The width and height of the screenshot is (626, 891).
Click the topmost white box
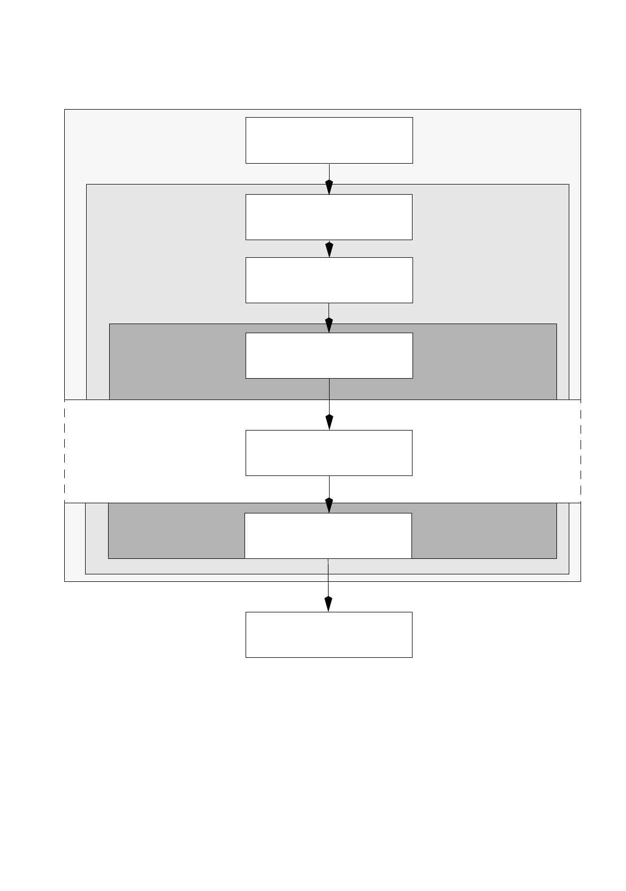tap(329, 140)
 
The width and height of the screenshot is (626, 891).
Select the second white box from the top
tap(329, 217)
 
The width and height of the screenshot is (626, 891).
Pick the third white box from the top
tap(329, 280)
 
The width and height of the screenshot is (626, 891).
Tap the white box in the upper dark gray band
tap(329, 356)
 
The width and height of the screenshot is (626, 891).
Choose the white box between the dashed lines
tap(329, 453)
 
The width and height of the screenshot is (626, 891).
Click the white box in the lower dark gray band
tap(328, 536)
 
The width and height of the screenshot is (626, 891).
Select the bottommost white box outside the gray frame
tap(329, 635)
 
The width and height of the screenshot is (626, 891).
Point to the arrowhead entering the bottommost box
tap(329, 604)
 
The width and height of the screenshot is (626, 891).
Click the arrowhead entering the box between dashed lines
tap(329, 423)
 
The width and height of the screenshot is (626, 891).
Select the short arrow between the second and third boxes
tap(329, 249)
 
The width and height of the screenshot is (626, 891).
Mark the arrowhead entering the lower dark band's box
tap(329, 505)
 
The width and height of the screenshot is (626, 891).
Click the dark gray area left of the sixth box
tap(177, 531)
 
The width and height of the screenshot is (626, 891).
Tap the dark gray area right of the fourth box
tap(484, 361)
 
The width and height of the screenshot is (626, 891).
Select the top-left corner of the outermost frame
tap(65, 110)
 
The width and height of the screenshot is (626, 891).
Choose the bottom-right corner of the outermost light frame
tap(581, 581)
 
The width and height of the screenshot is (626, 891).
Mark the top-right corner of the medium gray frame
tap(569, 185)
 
